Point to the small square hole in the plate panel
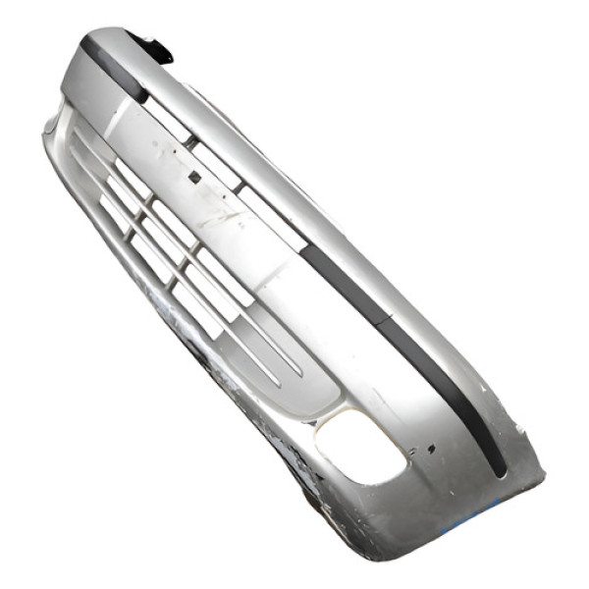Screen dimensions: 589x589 pyautogui.click(x=194, y=177)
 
